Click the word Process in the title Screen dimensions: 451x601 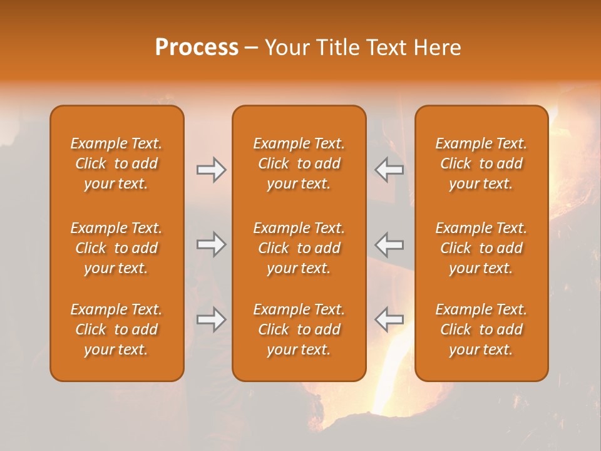tap(197, 48)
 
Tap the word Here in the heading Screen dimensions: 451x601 tap(438, 48)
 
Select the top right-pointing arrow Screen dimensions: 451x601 tap(211, 170)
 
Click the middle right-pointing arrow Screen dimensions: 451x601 tap(211, 244)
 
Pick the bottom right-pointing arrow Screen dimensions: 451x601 tap(211, 319)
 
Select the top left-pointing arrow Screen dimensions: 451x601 tap(389, 170)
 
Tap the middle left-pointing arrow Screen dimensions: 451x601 tap(389, 244)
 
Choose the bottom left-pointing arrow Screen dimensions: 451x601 tap(389, 319)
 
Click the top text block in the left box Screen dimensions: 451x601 tap(116, 163)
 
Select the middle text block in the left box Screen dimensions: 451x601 tap(116, 248)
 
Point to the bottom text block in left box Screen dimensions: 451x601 tap(116, 329)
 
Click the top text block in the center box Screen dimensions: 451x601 tap(299, 163)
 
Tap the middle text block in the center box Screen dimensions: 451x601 tap(299, 248)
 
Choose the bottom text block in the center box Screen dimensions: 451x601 tap(299, 329)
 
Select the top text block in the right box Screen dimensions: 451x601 tap(481, 163)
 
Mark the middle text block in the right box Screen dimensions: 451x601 tap(481, 248)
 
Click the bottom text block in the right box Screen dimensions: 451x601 tap(481, 329)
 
